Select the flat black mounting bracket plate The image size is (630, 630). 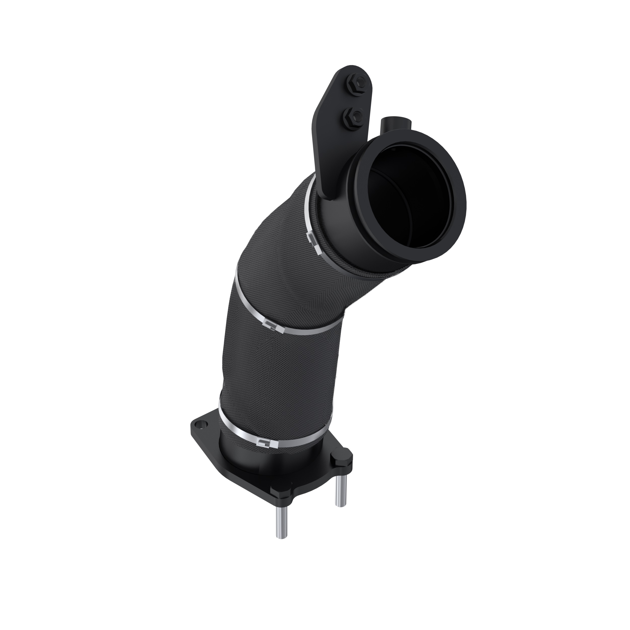(329, 137)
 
